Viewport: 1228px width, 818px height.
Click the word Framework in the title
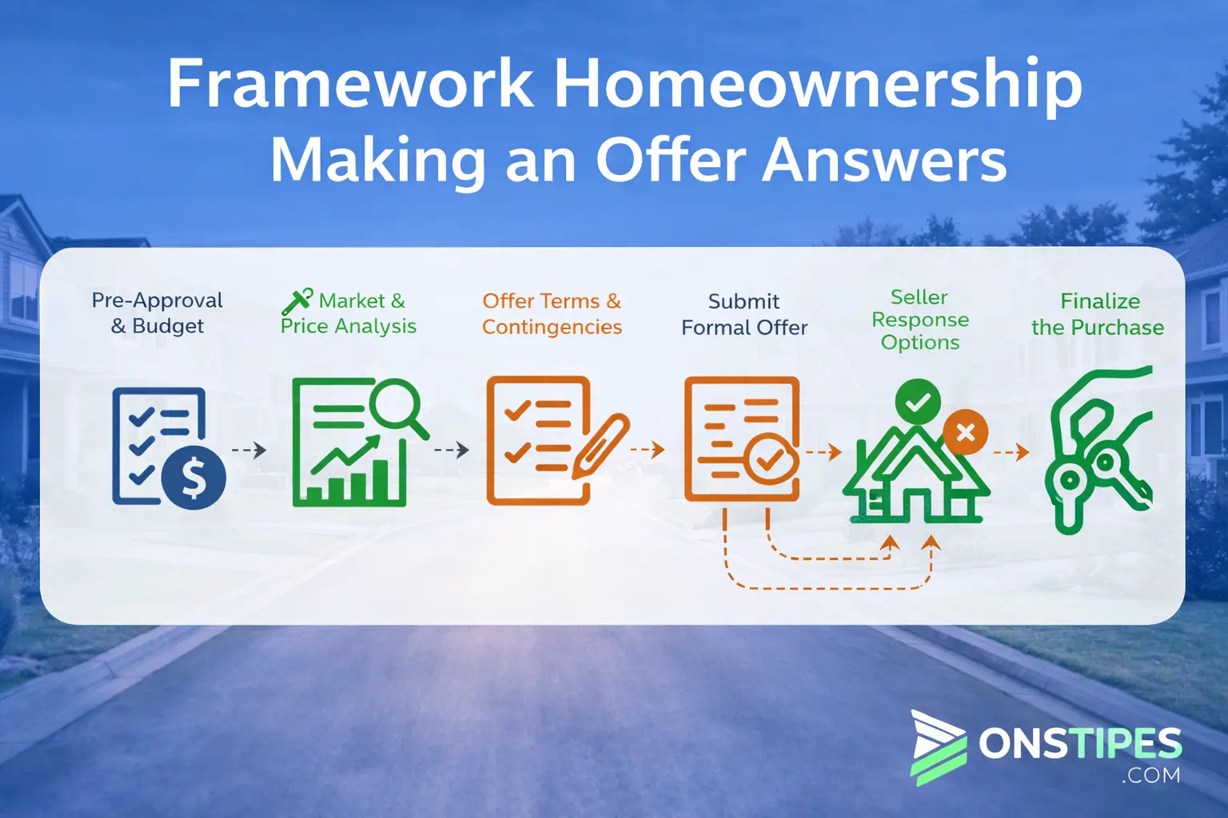point(350,83)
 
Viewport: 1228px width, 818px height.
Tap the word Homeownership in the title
point(818,86)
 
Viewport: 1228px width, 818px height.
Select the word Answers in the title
point(884,160)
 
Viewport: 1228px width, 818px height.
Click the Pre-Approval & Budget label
point(157,313)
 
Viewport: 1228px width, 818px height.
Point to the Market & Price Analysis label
point(349,312)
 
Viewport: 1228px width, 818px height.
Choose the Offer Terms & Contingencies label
point(552,313)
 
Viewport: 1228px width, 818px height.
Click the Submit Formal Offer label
point(744,314)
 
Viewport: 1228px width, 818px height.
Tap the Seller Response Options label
point(920,320)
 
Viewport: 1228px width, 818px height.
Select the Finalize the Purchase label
point(1098,314)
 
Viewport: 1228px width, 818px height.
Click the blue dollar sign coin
point(193,477)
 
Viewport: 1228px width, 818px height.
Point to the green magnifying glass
point(397,407)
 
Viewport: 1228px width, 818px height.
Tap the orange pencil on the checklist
point(601,446)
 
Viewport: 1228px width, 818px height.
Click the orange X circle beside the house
point(966,431)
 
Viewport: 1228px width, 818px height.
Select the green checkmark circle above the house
point(918,402)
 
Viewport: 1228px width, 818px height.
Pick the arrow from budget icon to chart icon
point(249,450)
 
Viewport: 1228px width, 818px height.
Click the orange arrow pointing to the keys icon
point(1011,453)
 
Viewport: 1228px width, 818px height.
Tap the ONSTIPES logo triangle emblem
point(938,748)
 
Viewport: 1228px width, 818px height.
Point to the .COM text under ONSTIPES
point(1150,775)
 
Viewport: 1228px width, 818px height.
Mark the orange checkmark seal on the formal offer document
point(769,459)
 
